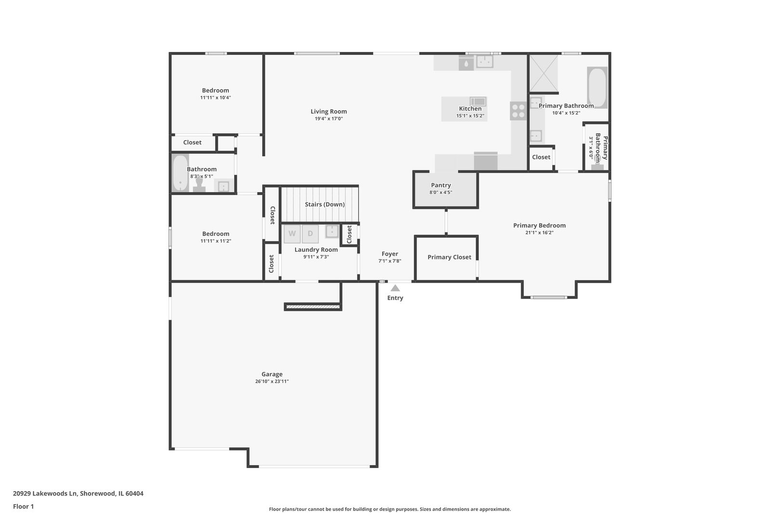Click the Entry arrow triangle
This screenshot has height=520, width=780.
click(x=395, y=288)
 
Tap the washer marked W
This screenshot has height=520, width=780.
click(x=292, y=234)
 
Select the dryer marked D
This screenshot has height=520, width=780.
click(x=310, y=234)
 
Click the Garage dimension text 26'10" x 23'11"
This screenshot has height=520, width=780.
click(x=272, y=381)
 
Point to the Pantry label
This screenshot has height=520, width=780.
click(x=441, y=185)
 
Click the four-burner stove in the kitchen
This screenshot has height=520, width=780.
click(x=518, y=111)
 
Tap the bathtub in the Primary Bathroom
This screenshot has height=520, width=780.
click(x=597, y=88)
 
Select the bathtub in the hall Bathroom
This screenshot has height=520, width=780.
click(x=181, y=173)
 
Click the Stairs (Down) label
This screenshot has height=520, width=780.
click(x=325, y=205)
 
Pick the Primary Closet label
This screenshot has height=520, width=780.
click(x=449, y=257)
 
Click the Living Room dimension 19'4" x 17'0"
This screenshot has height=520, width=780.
click(x=329, y=119)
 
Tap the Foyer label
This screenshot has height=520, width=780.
click(x=390, y=254)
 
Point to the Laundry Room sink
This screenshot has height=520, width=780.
click(x=332, y=231)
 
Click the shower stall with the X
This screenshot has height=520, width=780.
click(x=544, y=74)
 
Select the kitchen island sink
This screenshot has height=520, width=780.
click(x=478, y=102)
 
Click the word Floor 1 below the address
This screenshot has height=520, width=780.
click(x=23, y=507)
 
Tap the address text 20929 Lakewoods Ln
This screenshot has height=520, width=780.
click(x=45, y=494)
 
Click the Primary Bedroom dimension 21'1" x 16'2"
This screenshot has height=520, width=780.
click(x=539, y=233)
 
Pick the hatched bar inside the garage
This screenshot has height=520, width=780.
click(x=312, y=307)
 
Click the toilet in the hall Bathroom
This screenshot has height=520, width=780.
click(x=199, y=185)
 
